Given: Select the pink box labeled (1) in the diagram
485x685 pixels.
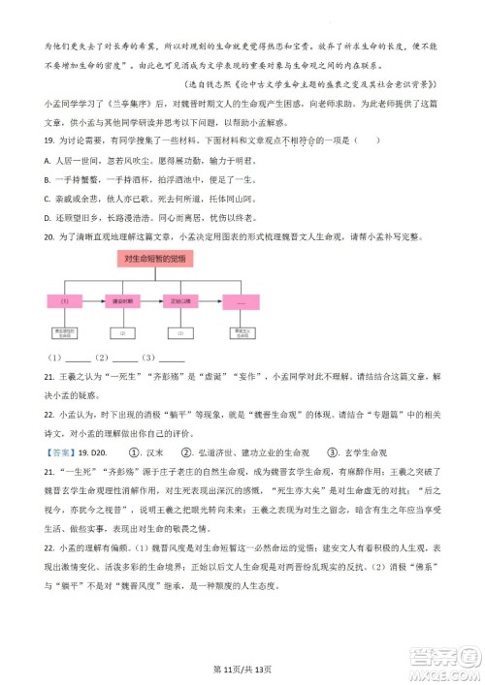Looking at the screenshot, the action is pos(65,301).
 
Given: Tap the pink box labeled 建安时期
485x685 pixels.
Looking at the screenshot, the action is pos(122,301).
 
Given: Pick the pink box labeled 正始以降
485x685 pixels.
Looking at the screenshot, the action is pos(181,301).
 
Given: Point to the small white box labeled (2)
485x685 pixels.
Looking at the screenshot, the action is pos(122,332).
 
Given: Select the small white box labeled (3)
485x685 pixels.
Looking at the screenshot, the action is pos(181,332).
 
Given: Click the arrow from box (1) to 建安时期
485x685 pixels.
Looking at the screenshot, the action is pos(93,301).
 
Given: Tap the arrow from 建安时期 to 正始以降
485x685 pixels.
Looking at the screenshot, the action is pos(151,301).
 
